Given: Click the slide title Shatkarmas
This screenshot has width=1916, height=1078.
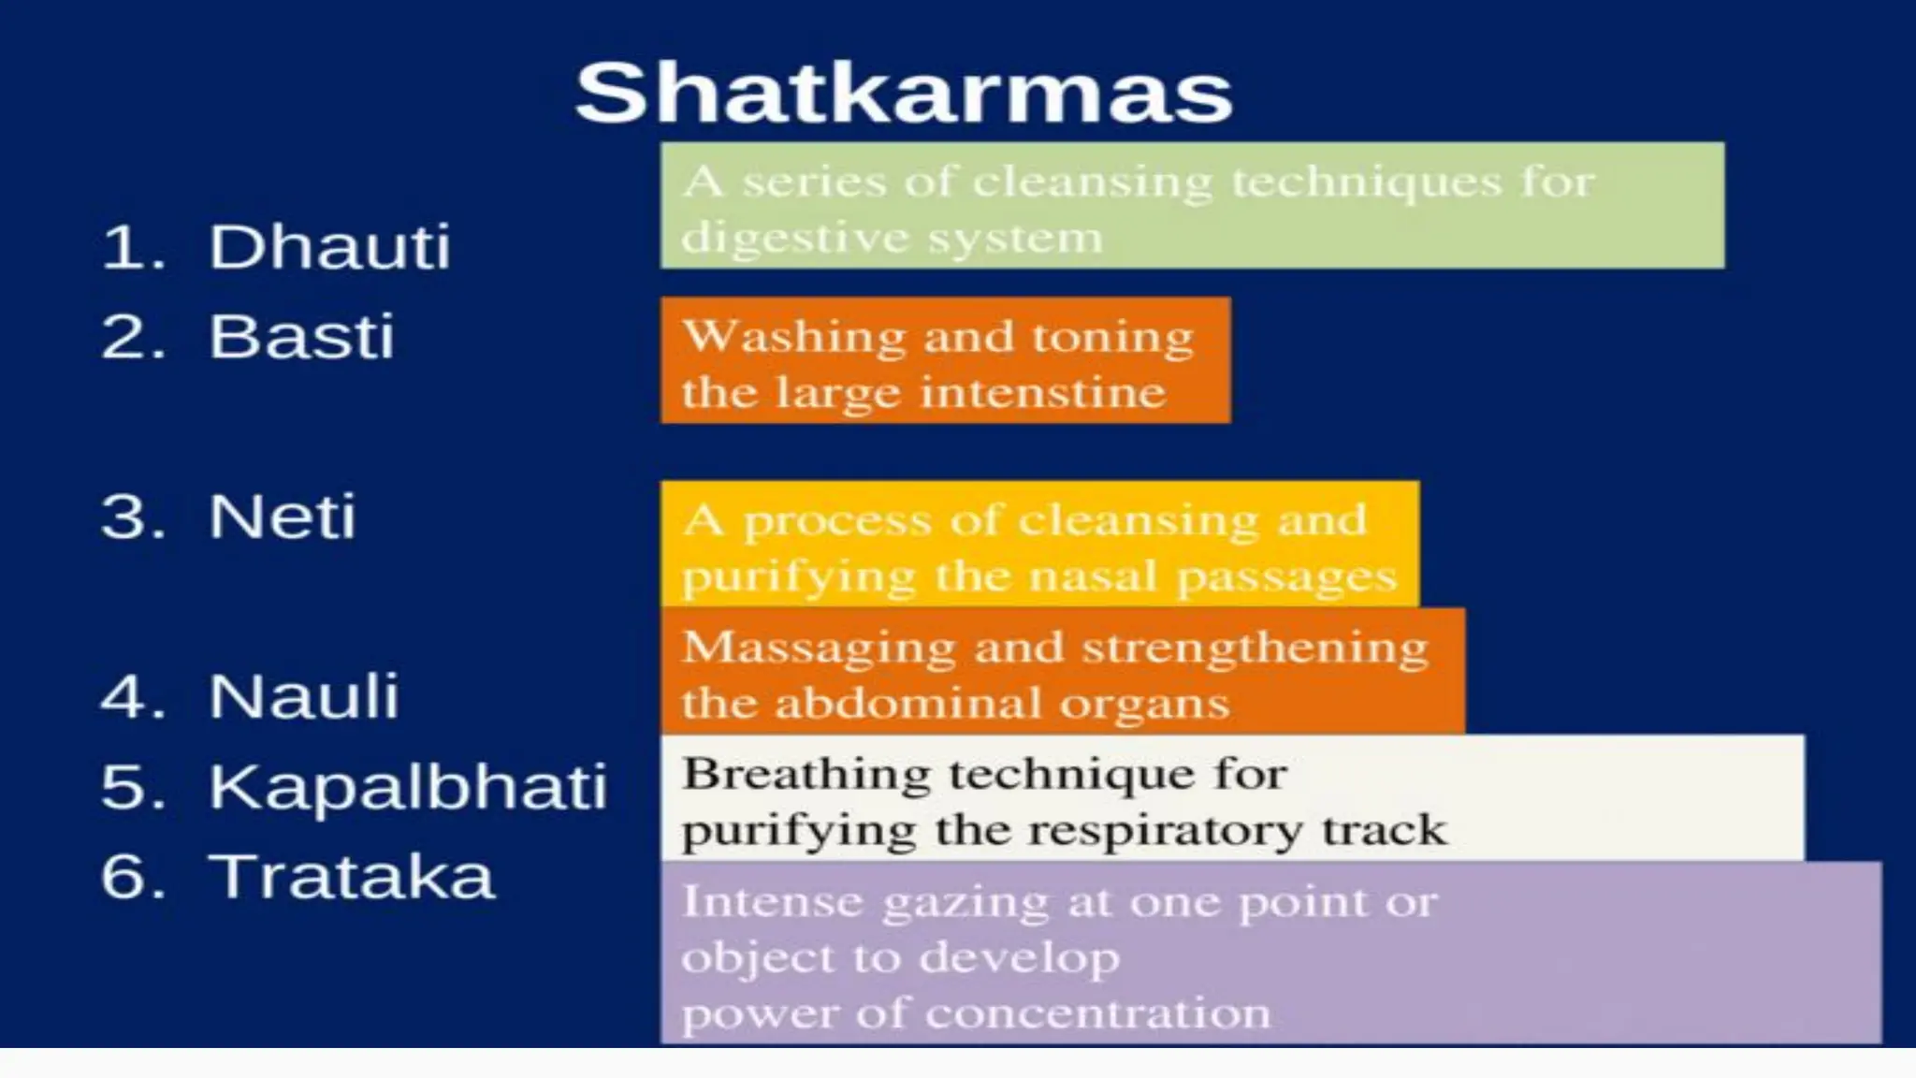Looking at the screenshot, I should (x=904, y=93).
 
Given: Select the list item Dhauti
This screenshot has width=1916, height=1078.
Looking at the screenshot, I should (x=328, y=247).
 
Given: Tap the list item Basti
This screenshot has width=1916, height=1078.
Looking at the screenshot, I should (x=300, y=336).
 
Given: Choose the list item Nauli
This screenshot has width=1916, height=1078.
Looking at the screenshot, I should (x=303, y=696).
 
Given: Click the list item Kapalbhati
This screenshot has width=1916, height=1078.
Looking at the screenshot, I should (x=407, y=786).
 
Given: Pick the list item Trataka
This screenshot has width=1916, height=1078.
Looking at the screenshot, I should (x=351, y=877).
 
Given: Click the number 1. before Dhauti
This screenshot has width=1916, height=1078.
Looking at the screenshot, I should (x=133, y=248).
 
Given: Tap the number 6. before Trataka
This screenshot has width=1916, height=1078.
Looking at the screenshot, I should (x=133, y=877).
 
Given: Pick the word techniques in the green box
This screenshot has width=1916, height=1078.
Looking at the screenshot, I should (x=1365, y=182).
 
